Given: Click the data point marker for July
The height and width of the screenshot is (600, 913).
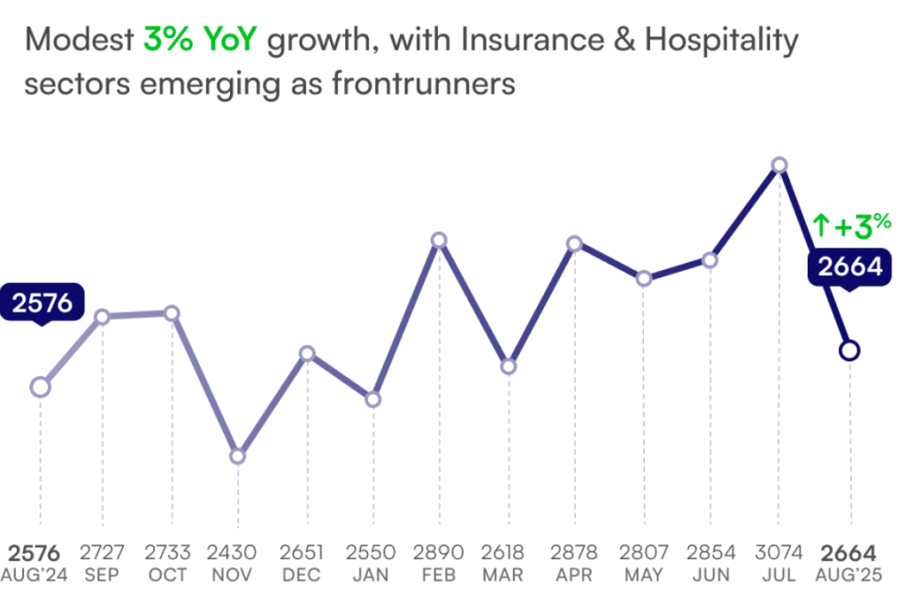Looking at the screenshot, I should (779, 165).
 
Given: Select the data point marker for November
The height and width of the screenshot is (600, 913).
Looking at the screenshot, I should (237, 456).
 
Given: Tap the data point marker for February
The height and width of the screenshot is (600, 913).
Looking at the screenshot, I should (439, 240).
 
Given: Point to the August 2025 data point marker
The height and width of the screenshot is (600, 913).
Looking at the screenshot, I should (850, 350).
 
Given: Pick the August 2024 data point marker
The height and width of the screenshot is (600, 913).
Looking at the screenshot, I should (39, 387).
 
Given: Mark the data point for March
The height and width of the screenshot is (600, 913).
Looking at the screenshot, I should (508, 366).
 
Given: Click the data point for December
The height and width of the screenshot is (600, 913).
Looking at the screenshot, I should (307, 354).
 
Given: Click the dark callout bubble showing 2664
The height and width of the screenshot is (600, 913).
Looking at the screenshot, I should (850, 267).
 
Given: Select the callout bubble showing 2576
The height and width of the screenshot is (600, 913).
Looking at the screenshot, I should (42, 303).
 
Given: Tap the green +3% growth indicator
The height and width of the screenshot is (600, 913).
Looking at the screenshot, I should (852, 226).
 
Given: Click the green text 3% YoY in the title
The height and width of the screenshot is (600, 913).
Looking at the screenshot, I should (200, 40).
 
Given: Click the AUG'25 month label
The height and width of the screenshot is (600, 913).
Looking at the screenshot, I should (849, 575).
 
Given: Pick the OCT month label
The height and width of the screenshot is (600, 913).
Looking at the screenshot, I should (168, 575).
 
